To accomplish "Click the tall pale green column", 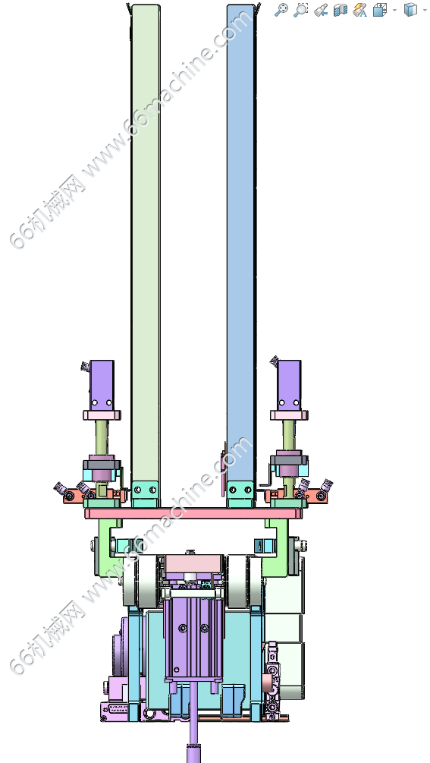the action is (146, 243).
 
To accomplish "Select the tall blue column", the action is (240, 243).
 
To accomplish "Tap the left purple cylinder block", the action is (102, 385).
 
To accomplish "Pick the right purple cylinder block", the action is (289, 385).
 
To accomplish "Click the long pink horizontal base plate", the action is (193, 513).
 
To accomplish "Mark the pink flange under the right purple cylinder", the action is (289, 415).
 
